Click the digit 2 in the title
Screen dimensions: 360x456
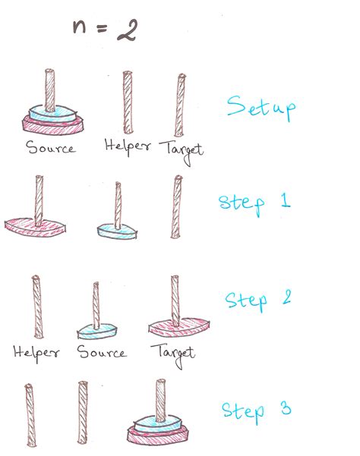point(127,30)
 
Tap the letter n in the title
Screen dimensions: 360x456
point(79,27)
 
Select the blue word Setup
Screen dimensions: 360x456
point(261,108)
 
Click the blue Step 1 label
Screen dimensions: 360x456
point(254,203)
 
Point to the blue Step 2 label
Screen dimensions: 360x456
point(258,300)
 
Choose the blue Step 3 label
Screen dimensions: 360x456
point(256,411)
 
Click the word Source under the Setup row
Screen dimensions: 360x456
point(51,147)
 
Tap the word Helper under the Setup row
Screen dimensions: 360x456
point(128,146)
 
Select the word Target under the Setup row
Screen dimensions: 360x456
point(181,151)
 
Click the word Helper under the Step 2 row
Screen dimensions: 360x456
point(36,353)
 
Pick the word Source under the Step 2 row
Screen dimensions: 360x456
point(102,352)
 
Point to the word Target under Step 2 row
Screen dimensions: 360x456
point(172,355)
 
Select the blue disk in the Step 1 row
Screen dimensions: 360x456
point(117,231)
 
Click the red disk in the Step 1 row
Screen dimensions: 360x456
point(35,227)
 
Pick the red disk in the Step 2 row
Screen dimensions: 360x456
point(178,328)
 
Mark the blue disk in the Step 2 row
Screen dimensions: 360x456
point(97,332)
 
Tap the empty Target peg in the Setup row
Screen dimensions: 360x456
point(180,105)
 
